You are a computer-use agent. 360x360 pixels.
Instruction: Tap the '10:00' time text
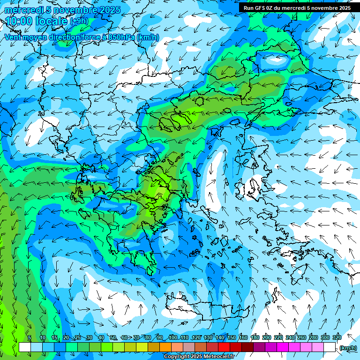point(19,21)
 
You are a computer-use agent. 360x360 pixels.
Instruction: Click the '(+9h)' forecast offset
point(78,21)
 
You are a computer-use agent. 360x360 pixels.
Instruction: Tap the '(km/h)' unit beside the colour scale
point(348,348)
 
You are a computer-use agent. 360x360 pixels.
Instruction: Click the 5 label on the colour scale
point(30,338)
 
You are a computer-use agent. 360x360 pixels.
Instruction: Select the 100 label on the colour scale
point(173,338)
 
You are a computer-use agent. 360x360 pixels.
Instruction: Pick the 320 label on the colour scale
point(337,338)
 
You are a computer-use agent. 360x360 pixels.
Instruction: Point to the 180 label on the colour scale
point(255,338)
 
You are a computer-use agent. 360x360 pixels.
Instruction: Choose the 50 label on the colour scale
point(113,338)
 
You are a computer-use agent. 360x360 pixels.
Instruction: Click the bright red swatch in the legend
point(224,347)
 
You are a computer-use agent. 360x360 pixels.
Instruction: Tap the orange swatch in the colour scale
point(165,347)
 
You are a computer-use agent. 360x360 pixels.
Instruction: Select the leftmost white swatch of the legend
point(25,347)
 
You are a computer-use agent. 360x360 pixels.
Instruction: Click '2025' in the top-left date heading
point(107,10)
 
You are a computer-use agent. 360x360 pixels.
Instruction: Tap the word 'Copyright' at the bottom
point(176,357)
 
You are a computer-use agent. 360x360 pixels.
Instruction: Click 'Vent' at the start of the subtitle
point(13,37)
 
